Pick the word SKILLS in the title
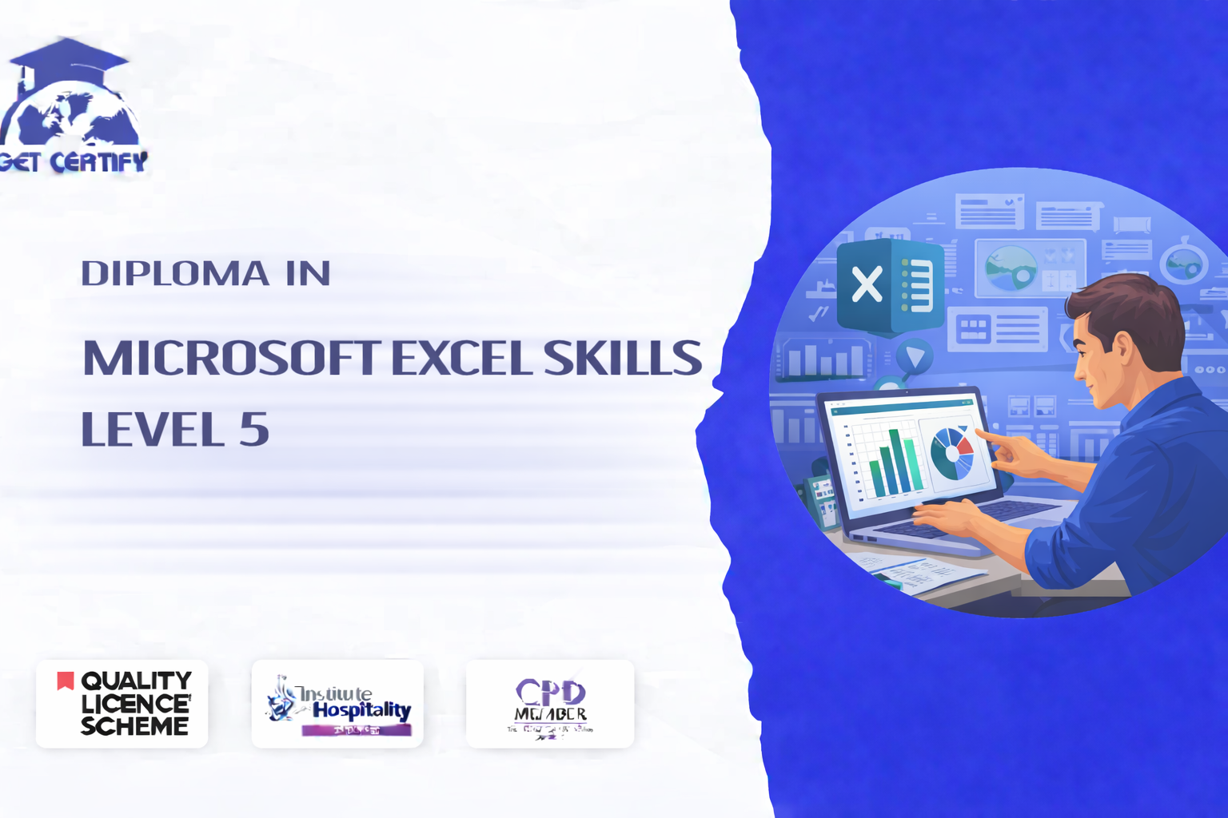[x=622, y=358]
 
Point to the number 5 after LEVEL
[x=253, y=429]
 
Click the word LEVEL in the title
[x=153, y=429]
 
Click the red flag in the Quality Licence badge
[x=65, y=681]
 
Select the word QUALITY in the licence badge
[x=136, y=681]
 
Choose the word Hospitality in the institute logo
[x=361, y=709]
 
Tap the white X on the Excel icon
[x=867, y=284]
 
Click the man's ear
[x=1122, y=348]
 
